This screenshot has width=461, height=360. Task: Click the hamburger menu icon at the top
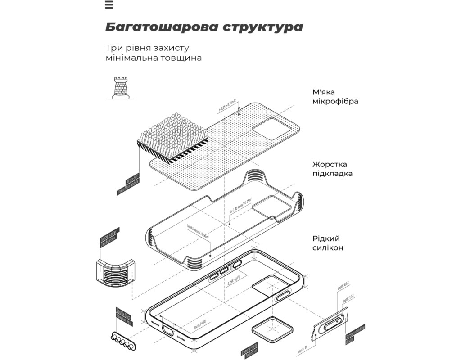pos(108,5)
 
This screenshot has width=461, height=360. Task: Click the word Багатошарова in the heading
pos(161,27)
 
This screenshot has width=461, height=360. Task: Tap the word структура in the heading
pos(262,27)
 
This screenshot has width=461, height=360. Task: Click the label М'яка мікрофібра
pos(335,96)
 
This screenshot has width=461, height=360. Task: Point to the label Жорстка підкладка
pos(332,169)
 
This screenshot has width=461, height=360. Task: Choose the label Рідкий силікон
pos(328,243)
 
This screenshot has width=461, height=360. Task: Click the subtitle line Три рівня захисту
pos(147,48)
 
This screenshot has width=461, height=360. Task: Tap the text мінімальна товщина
pos(154,58)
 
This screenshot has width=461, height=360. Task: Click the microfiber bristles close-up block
pos(172,138)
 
